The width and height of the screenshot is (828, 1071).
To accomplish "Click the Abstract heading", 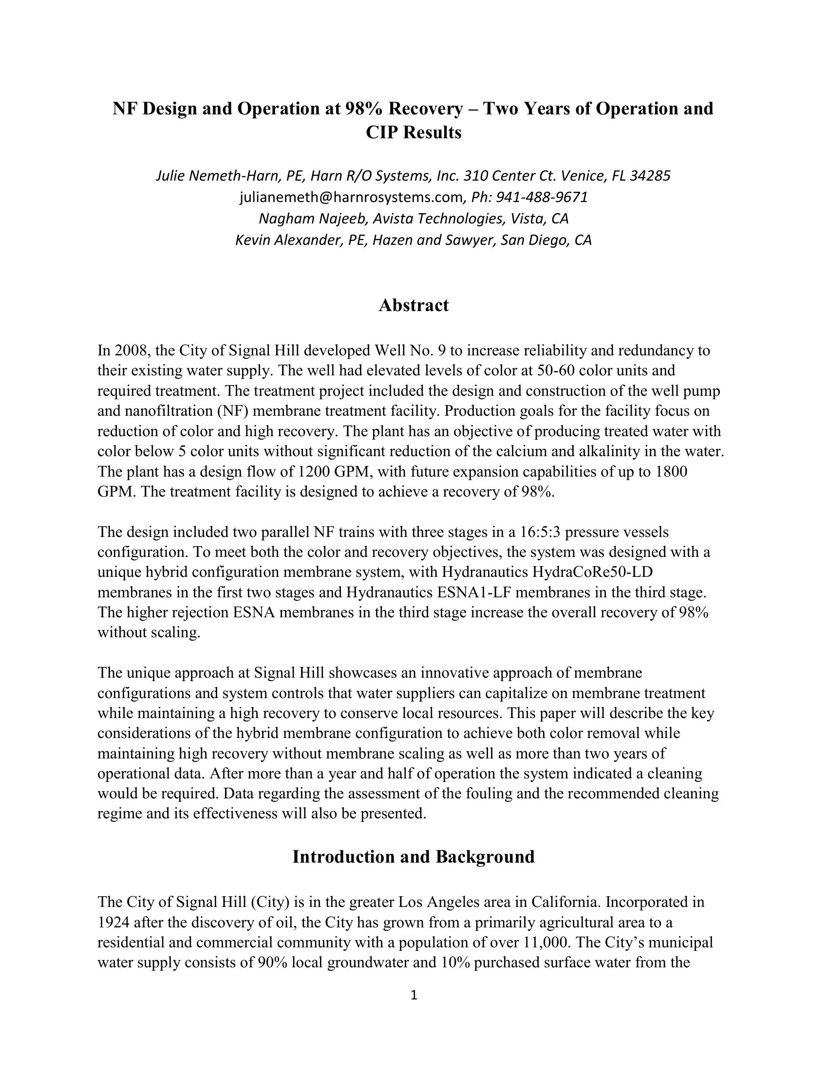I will coord(414,305).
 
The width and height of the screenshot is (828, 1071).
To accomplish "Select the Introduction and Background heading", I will coord(414,856).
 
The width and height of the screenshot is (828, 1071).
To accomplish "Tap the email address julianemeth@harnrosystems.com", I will coord(351,197).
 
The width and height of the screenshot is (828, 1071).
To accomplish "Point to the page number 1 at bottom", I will coord(414,995).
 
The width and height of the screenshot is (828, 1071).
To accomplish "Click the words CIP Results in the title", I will coord(414,132).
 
